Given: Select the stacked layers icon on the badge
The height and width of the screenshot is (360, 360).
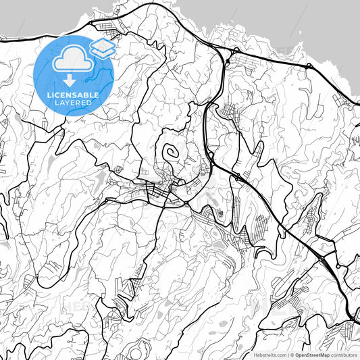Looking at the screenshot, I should click(x=101, y=47).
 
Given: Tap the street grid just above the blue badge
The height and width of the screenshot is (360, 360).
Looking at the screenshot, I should click(x=108, y=28).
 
